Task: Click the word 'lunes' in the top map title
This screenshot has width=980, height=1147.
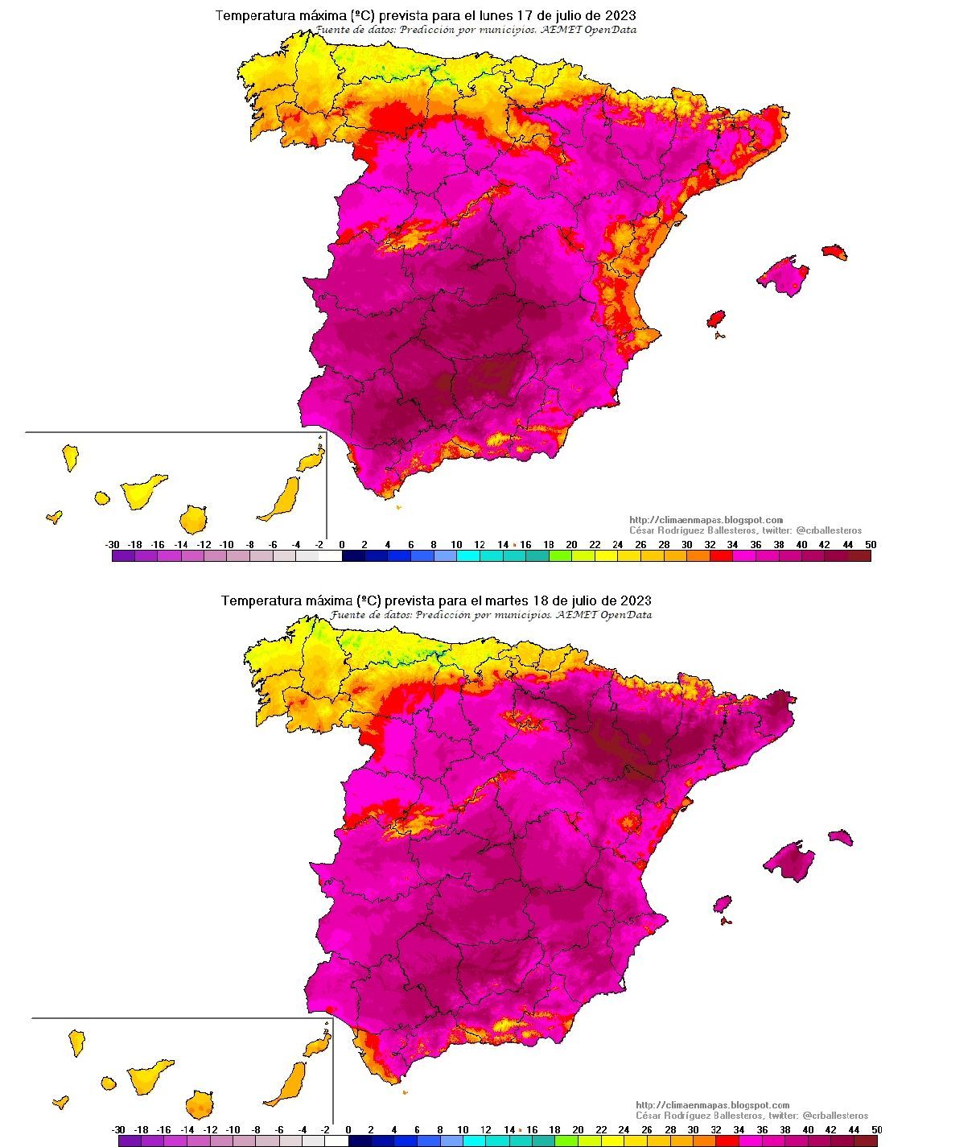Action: (x=485, y=15)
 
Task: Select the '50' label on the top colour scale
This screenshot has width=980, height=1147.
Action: (x=871, y=545)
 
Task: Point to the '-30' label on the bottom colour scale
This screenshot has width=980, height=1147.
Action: (x=118, y=1130)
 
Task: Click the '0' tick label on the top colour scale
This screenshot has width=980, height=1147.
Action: (x=342, y=545)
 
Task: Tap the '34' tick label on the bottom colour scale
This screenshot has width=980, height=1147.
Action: (x=739, y=1130)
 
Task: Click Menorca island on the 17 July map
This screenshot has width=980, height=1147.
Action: (x=835, y=251)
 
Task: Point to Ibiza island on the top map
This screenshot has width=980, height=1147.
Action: (x=715, y=319)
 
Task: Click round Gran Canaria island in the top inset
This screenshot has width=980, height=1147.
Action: (x=193, y=519)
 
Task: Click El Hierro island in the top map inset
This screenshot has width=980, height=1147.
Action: (x=54, y=517)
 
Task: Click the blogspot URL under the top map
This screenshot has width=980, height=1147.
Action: (x=706, y=520)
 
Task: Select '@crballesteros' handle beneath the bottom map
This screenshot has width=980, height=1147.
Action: (x=838, y=1116)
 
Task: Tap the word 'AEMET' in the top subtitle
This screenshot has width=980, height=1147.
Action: (x=575, y=30)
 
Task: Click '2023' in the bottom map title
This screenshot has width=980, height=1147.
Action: (x=636, y=600)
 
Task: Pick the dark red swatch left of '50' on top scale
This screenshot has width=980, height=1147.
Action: (x=859, y=555)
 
